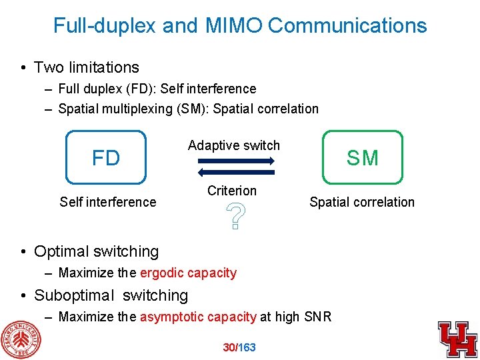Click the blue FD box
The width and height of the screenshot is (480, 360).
coord(105,157)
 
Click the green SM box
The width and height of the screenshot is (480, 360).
coord(363,157)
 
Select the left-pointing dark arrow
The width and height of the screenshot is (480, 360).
coord(236,172)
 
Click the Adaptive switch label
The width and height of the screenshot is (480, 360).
coord(234,145)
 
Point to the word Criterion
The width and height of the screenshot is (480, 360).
coord(232,191)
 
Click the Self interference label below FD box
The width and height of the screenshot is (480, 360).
coord(107,202)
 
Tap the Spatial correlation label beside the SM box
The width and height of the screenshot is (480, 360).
coord(362,202)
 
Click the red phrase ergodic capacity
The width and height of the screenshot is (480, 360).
coord(189,273)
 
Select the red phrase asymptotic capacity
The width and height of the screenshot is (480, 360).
coord(198,317)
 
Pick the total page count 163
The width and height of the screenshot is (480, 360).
coord(247,347)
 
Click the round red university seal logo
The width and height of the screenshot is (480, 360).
coord(19,338)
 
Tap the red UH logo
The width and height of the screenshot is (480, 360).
coord(457,339)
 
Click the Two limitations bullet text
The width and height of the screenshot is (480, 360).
coord(87,67)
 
